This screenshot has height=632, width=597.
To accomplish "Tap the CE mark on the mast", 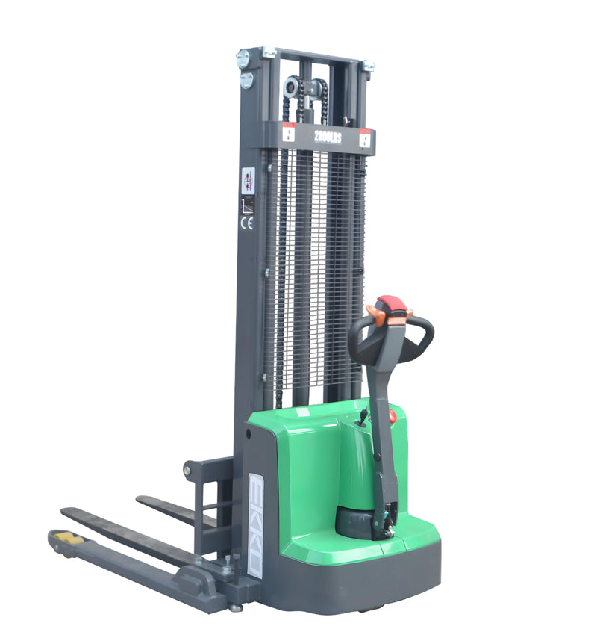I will (x=247, y=222).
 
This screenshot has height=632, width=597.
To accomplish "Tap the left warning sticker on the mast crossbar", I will (x=288, y=134).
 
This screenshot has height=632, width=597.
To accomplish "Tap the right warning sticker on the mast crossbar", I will (x=365, y=139).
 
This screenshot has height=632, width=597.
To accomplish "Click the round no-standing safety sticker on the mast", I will (x=248, y=179).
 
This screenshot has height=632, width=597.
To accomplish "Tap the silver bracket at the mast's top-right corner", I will (x=367, y=66).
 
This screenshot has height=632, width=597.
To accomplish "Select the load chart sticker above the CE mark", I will (x=247, y=202).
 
